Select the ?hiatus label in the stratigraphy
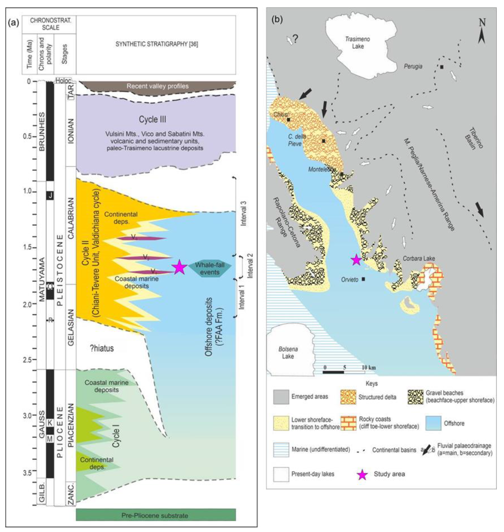pyautogui.click(x=102, y=349)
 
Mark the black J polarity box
pyautogui.click(x=50, y=195)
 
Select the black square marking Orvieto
pyautogui.click(x=363, y=279)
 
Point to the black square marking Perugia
pyautogui.click(x=442, y=67)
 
